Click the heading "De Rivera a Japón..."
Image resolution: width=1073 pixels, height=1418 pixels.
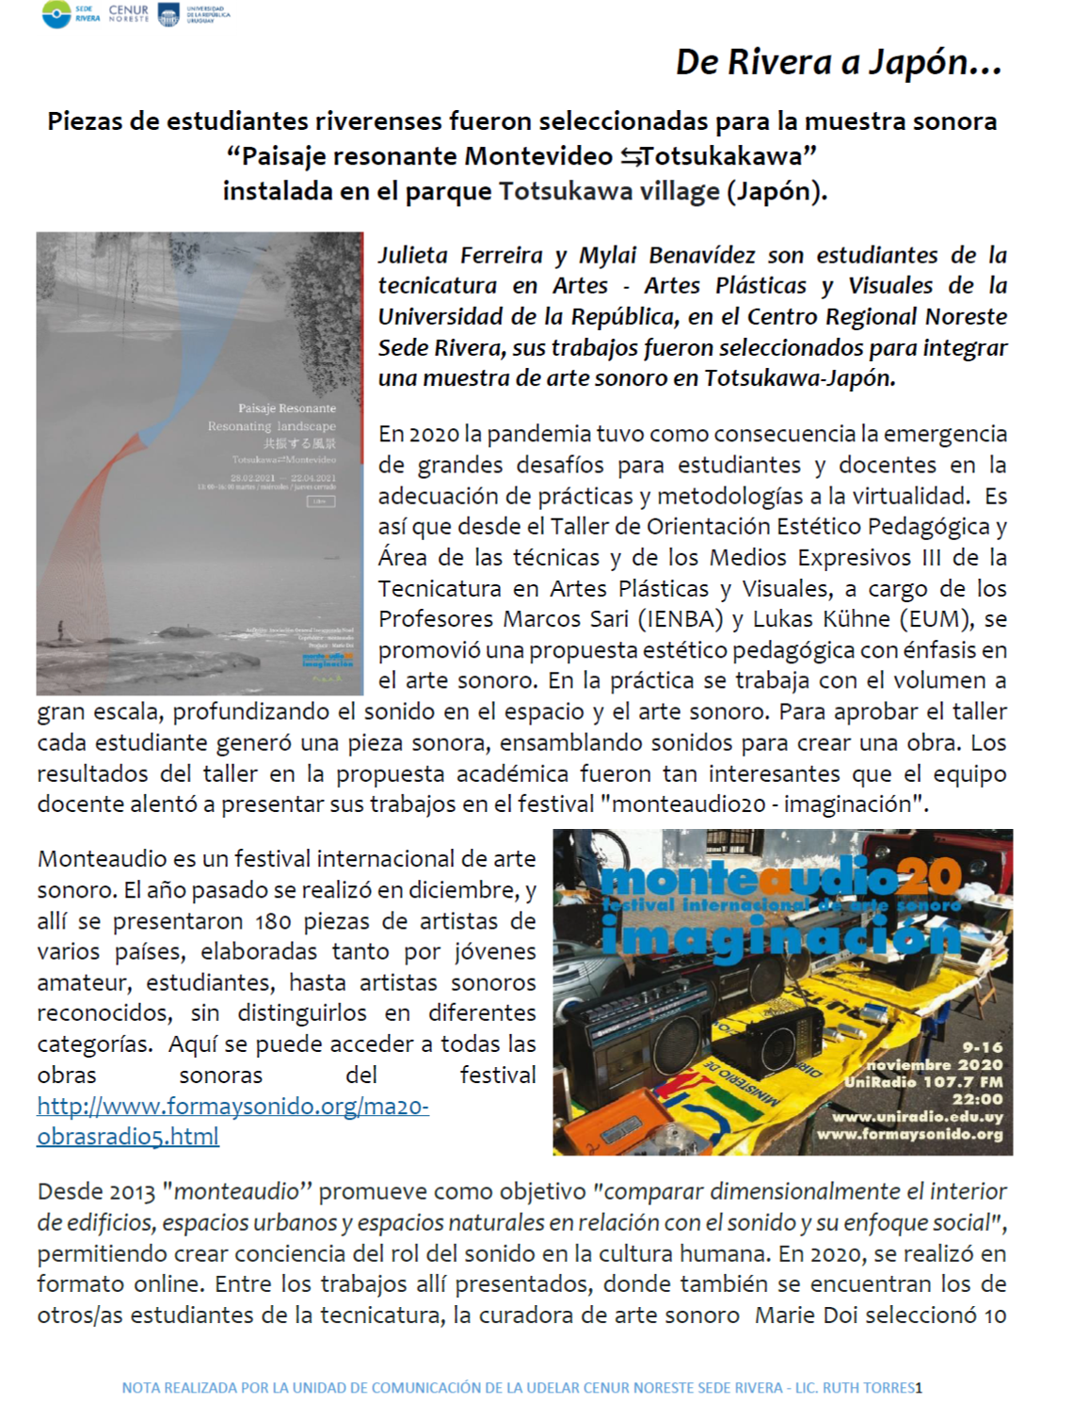(838, 62)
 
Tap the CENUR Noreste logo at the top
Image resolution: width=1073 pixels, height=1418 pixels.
(128, 13)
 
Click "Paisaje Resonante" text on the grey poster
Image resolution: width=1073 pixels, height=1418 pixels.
(286, 408)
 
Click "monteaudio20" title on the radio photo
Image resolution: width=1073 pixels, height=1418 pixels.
(780, 879)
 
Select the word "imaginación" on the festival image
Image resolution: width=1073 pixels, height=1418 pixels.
(780, 936)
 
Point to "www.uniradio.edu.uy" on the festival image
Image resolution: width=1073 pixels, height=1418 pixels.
(917, 1117)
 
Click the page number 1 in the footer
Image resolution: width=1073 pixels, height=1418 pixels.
(919, 1388)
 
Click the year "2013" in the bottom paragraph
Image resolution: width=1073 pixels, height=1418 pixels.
(132, 1192)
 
